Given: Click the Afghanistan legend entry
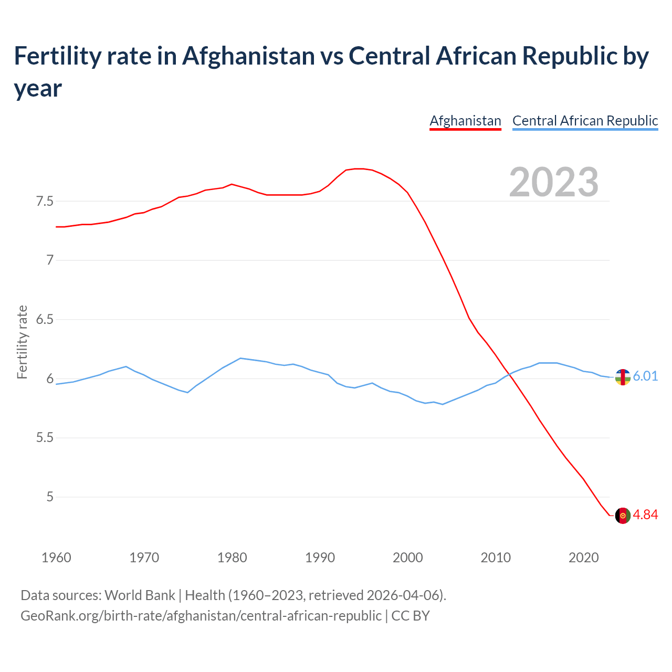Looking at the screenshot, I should pyautogui.click(x=465, y=121).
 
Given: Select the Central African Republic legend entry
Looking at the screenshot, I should pyautogui.click(x=585, y=121).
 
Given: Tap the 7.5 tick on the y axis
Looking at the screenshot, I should pyautogui.click(x=45, y=202).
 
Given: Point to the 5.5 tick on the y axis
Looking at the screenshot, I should pyautogui.click(x=45, y=438).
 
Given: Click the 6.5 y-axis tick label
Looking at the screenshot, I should pyautogui.click(x=45, y=320).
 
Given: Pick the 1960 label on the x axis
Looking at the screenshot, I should pyautogui.click(x=56, y=558).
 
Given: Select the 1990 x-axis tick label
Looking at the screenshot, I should pyautogui.click(x=320, y=558).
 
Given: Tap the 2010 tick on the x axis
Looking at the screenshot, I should pyautogui.click(x=496, y=558).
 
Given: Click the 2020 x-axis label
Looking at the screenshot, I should pyautogui.click(x=583, y=558).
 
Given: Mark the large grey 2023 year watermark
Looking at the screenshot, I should pyautogui.click(x=554, y=182).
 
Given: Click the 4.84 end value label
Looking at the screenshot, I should pyautogui.click(x=645, y=515).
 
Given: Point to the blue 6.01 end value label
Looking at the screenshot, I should pyautogui.click(x=645, y=376).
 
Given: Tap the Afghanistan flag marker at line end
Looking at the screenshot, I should pyautogui.click(x=623, y=516).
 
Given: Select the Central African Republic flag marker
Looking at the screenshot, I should pyautogui.click(x=623, y=377).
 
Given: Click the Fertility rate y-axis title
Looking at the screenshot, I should pyautogui.click(x=22, y=342).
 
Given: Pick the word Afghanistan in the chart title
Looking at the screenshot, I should pyautogui.click(x=248, y=56).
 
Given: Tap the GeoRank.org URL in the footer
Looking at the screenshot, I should pyautogui.click(x=201, y=615).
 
